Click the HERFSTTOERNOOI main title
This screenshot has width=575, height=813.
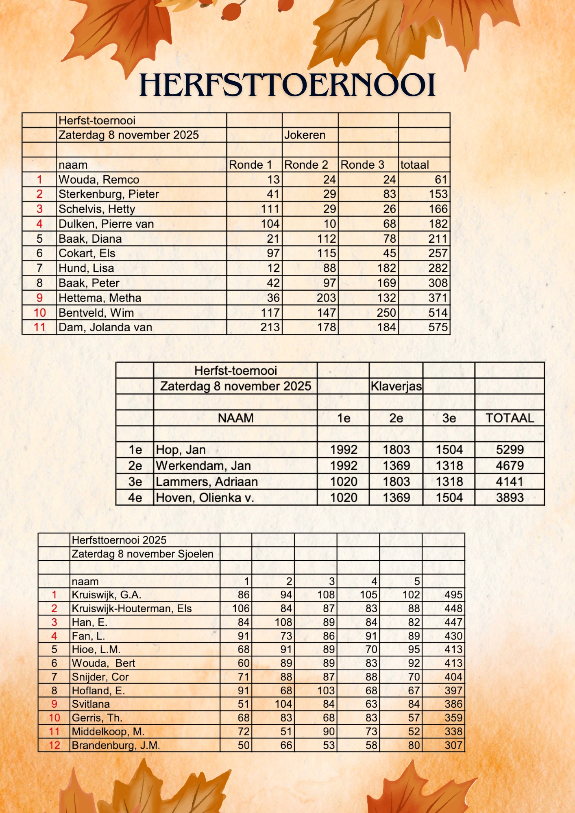click(287, 85)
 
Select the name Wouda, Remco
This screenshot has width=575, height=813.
click(99, 180)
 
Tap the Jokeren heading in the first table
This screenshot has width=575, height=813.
click(305, 135)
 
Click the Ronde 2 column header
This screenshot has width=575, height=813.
click(306, 165)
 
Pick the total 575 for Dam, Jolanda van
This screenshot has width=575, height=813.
click(438, 327)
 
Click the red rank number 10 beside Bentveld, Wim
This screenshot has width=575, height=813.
click(39, 313)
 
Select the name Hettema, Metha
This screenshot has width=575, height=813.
click(100, 298)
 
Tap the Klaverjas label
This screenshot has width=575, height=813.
click(396, 386)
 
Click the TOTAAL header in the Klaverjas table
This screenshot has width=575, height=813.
click(510, 418)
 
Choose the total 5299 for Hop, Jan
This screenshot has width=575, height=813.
click(510, 450)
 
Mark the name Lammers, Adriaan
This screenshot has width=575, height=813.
click(207, 482)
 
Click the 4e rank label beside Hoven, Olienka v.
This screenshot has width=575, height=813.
click(135, 498)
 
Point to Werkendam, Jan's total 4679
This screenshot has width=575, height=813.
click(510, 466)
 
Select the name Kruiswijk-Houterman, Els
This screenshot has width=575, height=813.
click(131, 609)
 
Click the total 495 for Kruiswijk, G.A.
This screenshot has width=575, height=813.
click(453, 595)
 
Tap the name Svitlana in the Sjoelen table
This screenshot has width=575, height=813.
click(91, 704)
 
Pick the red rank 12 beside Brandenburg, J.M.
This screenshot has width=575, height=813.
click(54, 746)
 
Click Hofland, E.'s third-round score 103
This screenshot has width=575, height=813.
click(326, 691)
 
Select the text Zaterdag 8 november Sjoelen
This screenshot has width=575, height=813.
click(142, 554)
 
